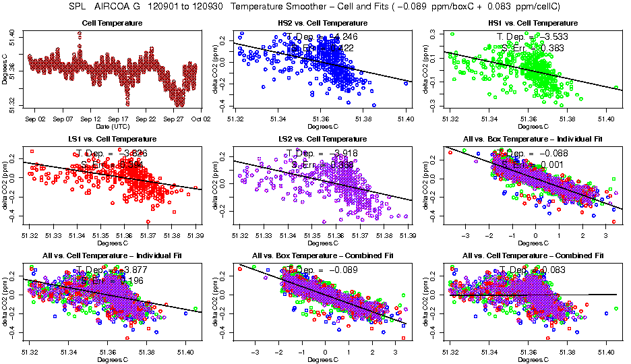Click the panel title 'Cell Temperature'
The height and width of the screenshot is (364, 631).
(113, 24)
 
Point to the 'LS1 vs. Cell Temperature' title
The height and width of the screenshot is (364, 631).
(113, 140)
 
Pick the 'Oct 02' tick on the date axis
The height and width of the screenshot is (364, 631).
(201, 119)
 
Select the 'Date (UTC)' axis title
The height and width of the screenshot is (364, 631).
(113, 126)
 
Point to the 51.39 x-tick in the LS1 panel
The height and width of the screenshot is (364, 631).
(196, 235)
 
